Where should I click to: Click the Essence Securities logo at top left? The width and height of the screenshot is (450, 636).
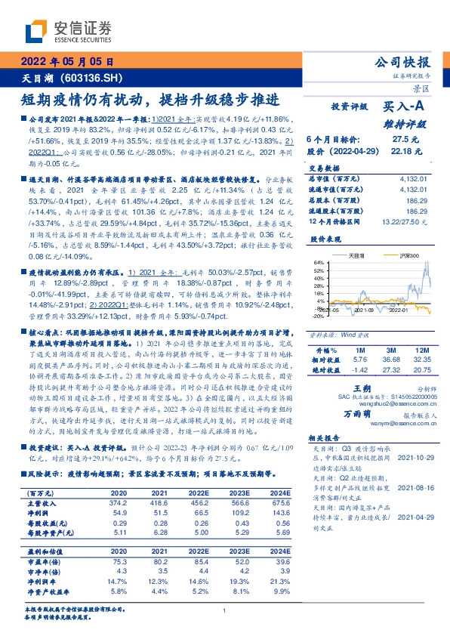click(x=67, y=32)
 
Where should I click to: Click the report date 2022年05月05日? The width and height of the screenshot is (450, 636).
click(x=66, y=63)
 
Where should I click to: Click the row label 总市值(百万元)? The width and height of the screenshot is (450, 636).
click(x=331, y=178)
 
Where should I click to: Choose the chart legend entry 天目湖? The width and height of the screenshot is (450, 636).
click(x=357, y=256)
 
